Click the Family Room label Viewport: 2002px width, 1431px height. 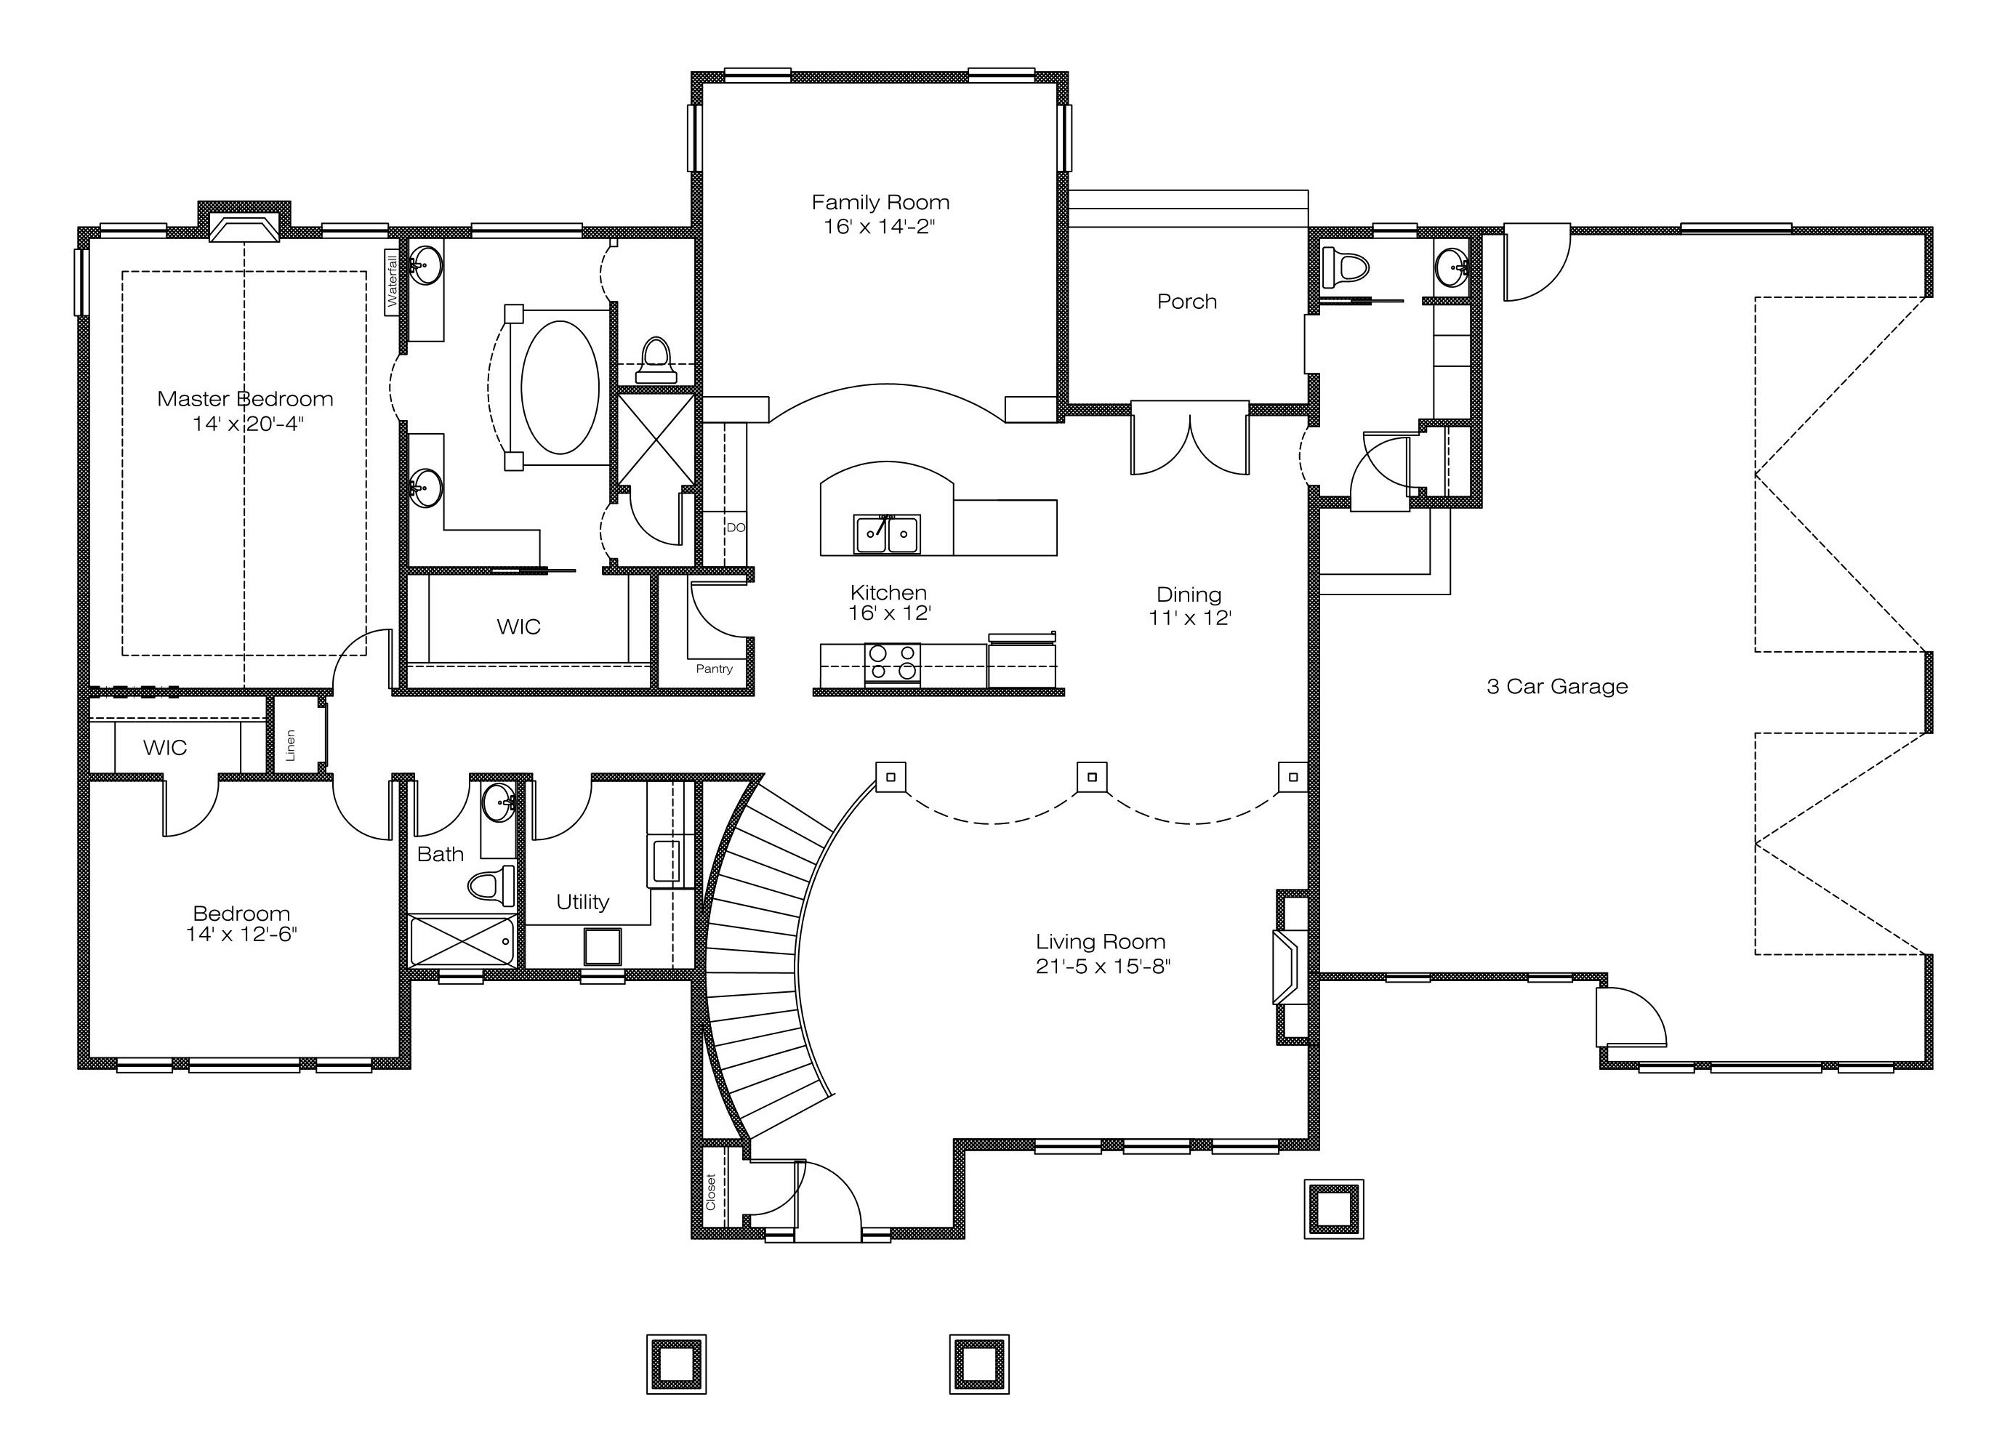click(880, 203)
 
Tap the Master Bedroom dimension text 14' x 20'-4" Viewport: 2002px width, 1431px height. click(248, 424)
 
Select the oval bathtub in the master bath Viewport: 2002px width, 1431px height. click(560, 387)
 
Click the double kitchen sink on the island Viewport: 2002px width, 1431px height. click(886, 534)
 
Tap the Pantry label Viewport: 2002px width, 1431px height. click(714, 669)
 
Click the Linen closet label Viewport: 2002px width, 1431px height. click(291, 746)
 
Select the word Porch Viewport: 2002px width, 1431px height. click(1187, 302)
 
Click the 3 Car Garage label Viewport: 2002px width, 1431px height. click(1557, 686)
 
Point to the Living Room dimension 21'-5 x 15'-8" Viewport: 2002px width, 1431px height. click(1102, 967)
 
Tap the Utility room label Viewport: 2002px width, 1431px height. click(582, 901)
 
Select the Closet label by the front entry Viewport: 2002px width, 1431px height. click(711, 1190)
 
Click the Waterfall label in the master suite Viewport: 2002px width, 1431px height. click(392, 281)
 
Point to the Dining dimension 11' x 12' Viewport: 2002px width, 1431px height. click(1189, 618)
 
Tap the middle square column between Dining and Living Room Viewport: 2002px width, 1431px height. click(1092, 777)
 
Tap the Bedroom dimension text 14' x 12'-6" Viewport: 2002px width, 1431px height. click(241, 934)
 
